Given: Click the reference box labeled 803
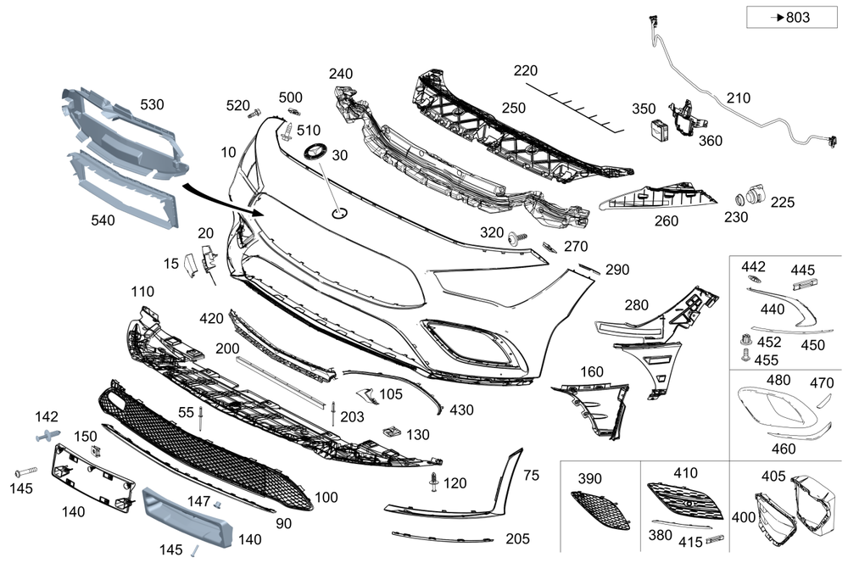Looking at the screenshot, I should click(x=778, y=17).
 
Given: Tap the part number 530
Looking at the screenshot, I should click(x=152, y=105).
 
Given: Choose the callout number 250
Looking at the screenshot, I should click(x=513, y=108).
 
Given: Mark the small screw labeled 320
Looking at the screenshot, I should click(x=515, y=240).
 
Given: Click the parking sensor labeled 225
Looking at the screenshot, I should click(x=751, y=198).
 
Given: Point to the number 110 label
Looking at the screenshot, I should click(x=142, y=292).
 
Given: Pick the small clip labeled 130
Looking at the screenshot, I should click(x=391, y=430).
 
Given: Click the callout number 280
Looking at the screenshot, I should click(x=636, y=304).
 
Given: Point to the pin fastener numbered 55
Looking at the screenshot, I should click(x=200, y=418).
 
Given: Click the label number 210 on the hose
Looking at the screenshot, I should click(x=738, y=98).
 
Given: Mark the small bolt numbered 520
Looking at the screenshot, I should click(x=256, y=111).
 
